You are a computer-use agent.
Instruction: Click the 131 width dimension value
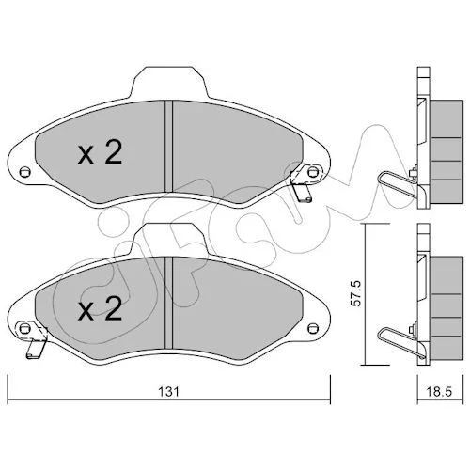click(169, 392)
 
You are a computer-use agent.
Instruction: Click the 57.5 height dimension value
click(356, 293)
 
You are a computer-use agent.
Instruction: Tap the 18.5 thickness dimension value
click(440, 392)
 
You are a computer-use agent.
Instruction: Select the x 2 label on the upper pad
click(100, 153)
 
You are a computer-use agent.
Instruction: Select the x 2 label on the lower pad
click(100, 309)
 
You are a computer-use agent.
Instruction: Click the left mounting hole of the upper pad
click(24, 172)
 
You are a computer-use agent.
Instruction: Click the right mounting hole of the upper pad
click(312, 172)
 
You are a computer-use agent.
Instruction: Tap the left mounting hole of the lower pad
click(23, 328)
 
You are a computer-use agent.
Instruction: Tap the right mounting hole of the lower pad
click(312, 328)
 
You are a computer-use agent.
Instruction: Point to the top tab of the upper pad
click(169, 82)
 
